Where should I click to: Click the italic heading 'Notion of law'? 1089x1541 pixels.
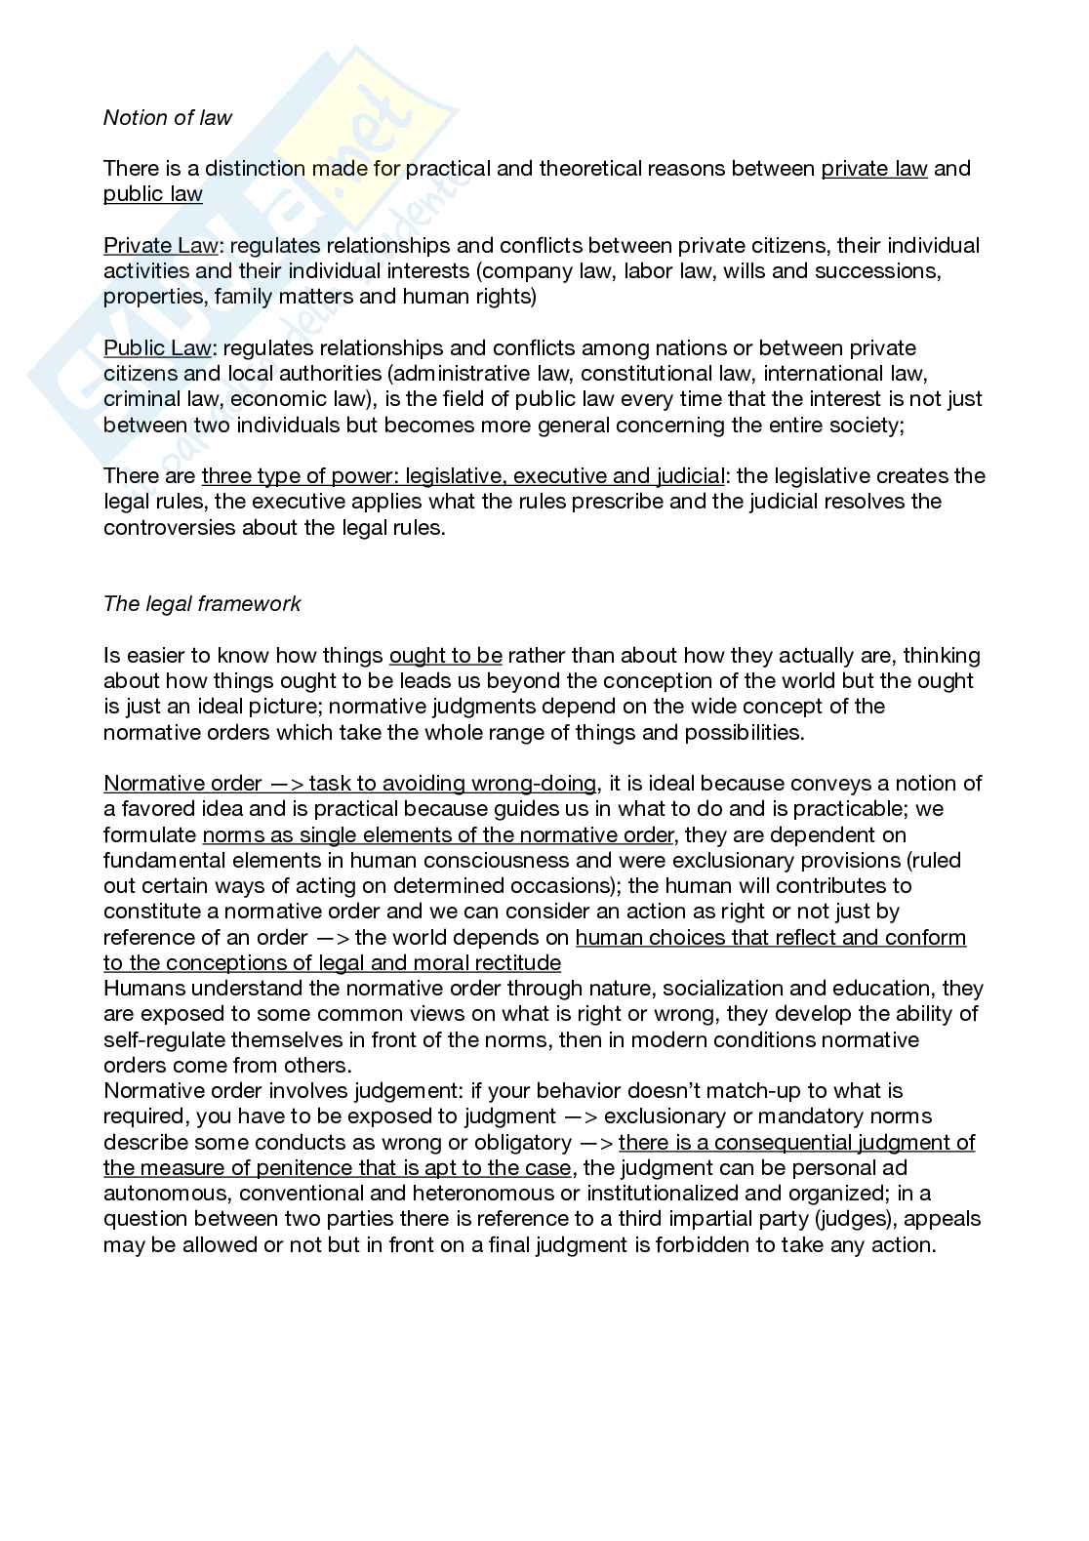[168, 118]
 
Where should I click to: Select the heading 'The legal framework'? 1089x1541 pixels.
[202, 604]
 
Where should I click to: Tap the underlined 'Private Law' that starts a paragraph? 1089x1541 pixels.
[160, 246]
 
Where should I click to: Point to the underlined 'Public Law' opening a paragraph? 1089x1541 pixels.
[157, 348]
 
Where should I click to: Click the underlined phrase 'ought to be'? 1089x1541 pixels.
[446, 656]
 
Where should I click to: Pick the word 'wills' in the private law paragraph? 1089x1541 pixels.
[747, 271]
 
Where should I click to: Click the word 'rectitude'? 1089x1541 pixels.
[515, 963]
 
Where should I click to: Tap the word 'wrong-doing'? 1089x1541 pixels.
[534, 784]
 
